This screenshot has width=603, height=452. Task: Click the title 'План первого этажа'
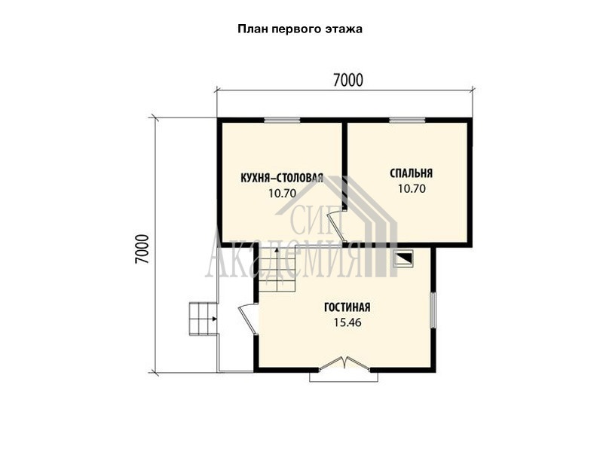click(299, 29)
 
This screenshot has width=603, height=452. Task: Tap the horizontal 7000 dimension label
click(347, 81)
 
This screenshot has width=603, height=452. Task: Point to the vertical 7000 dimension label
click(142, 249)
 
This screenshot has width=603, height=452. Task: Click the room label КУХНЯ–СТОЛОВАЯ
click(282, 178)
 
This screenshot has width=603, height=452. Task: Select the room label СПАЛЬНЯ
click(411, 173)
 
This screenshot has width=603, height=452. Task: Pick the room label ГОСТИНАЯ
click(347, 307)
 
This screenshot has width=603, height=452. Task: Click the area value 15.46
click(347, 322)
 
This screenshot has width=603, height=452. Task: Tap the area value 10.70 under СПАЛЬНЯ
click(412, 189)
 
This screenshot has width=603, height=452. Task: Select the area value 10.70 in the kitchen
click(282, 193)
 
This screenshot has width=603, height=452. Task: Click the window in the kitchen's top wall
click(282, 120)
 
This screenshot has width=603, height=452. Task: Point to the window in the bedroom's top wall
click(407, 120)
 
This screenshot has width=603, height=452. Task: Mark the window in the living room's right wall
click(433, 310)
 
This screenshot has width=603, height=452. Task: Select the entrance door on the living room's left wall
click(247, 318)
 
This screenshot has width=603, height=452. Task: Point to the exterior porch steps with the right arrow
click(203, 319)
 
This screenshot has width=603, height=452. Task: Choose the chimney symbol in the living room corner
click(403, 258)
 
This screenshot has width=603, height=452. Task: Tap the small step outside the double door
click(344, 377)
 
